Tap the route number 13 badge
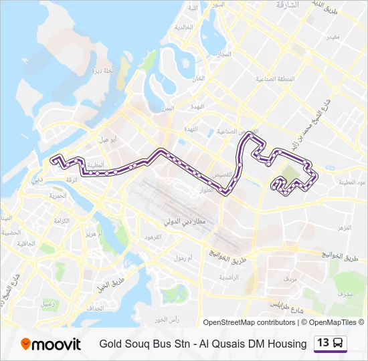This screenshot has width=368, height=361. [x=323, y=343]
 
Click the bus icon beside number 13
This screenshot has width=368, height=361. [x=339, y=344]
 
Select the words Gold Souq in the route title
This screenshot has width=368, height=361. [x=122, y=344]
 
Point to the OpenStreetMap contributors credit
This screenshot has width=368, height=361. [x=249, y=322]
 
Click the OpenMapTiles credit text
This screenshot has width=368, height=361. [x=333, y=322]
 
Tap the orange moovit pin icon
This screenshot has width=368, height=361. [x=26, y=344]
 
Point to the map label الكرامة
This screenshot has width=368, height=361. [x=62, y=220]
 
